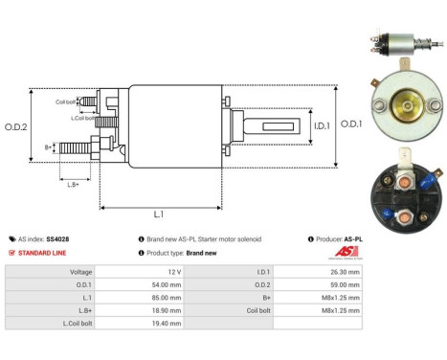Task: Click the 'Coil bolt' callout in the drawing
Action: click(65, 100)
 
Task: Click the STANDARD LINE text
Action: click(42, 253)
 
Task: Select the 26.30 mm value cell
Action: click(344, 271)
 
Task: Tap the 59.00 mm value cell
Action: click(344, 284)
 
